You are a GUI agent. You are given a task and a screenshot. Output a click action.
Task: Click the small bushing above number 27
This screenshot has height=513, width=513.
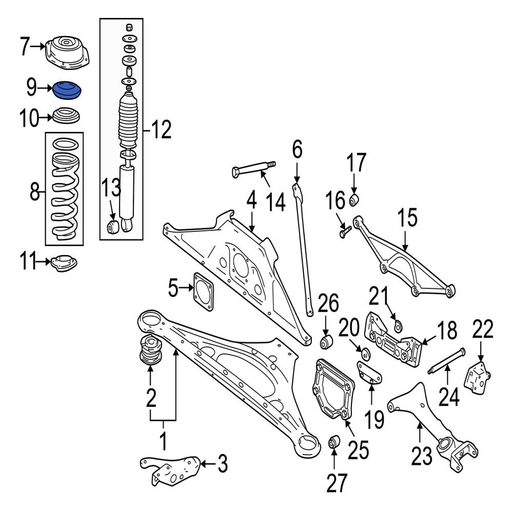click(334, 441)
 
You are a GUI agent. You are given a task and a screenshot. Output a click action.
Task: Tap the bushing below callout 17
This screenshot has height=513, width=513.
click(354, 199)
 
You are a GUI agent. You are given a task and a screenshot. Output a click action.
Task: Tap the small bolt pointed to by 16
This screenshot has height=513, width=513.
click(344, 232)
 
